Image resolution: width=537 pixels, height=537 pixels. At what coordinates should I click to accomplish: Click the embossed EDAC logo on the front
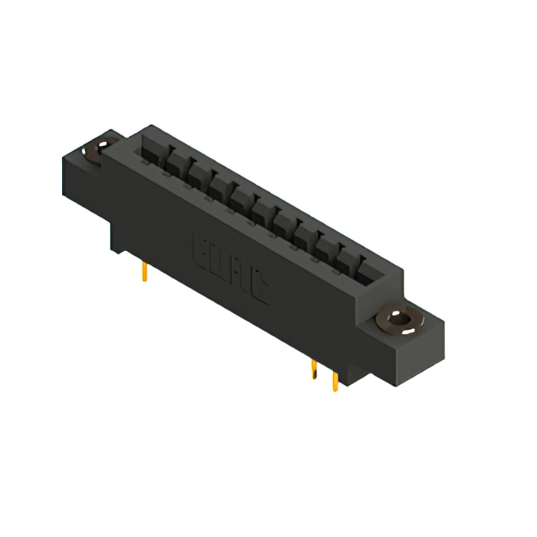point(231,268)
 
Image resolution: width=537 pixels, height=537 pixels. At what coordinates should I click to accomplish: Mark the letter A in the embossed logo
point(240,274)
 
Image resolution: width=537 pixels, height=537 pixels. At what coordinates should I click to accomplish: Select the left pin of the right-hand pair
point(314,370)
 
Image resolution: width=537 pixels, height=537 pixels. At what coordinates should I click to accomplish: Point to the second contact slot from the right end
point(347,257)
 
